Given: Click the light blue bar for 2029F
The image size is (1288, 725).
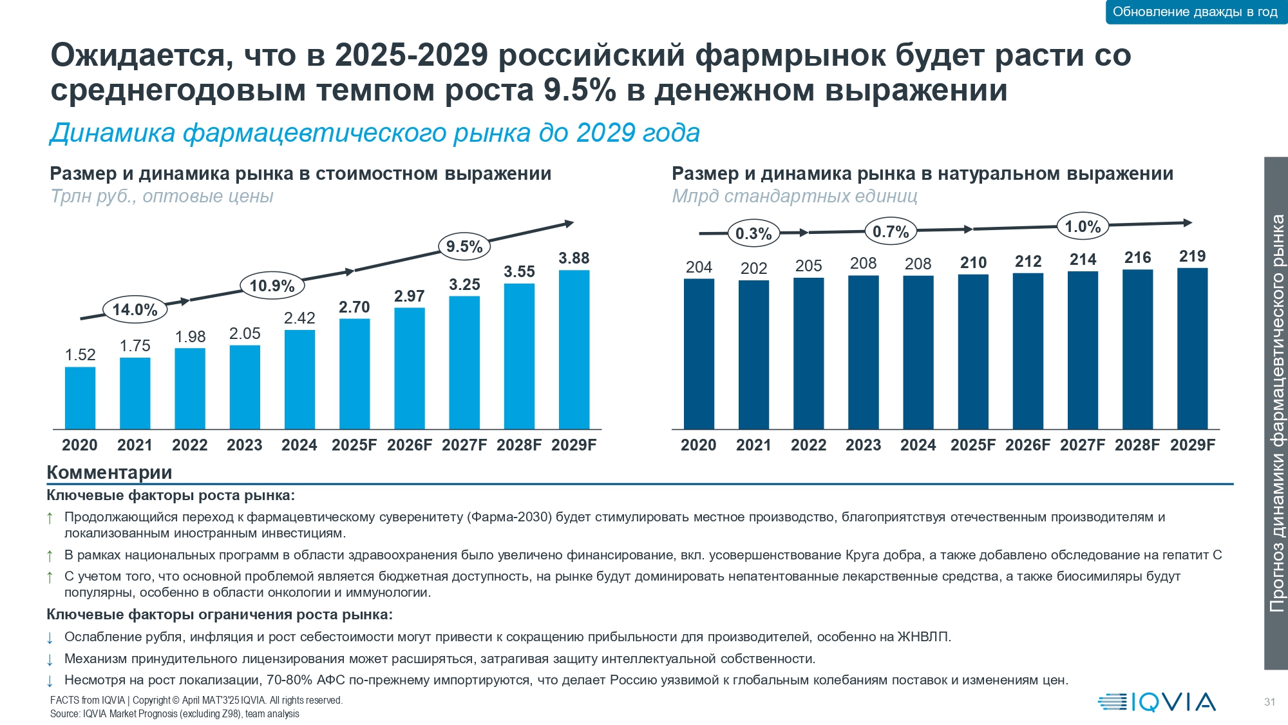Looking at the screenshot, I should pyautogui.click(x=574, y=349).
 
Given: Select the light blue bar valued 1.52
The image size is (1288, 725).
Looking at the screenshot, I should pyautogui.click(x=80, y=398).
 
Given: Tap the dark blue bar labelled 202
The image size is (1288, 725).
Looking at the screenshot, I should pyautogui.click(x=753, y=354).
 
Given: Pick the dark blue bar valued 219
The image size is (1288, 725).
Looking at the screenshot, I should pyautogui.click(x=1192, y=348).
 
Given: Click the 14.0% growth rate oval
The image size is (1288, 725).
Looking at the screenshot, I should pyautogui.click(x=135, y=310).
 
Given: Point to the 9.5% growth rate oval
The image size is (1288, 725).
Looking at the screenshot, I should pyautogui.click(x=464, y=246).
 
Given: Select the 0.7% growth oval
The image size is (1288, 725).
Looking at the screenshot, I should pyautogui.click(x=891, y=232).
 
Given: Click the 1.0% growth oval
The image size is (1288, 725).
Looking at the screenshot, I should pyautogui.click(x=1083, y=227).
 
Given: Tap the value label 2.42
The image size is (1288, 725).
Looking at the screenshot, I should pyautogui.click(x=299, y=318).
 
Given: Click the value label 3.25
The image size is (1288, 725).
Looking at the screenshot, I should pyautogui.click(x=464, y=285).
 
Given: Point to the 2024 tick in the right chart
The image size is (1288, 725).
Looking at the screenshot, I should pyautogui.click(x=918, y=445).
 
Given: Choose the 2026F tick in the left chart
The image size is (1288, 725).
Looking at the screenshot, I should pyautogui.click(x=410, y=445).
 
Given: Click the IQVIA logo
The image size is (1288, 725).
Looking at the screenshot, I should pyautogui.click(x=1157, y=702).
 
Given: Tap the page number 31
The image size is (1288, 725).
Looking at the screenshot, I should pyautogui.click(x=1269, y=702).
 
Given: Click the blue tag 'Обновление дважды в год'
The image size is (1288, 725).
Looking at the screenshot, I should pyautogui.click(x=1195, y=12).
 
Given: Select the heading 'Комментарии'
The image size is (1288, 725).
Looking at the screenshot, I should pyautogui.click(x=109, y=472).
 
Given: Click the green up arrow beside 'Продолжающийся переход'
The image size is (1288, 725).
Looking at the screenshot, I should pyautogui.click(x=50, y=518).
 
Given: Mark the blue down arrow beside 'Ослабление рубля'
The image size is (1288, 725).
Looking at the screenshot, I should pyautogui.click(x=50, y=638).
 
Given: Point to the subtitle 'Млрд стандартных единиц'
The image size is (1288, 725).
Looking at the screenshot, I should pyautogui.click(x=794, y=196).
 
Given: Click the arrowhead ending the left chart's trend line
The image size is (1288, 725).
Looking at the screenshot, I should pyautogui.click(x=569, y=224).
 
